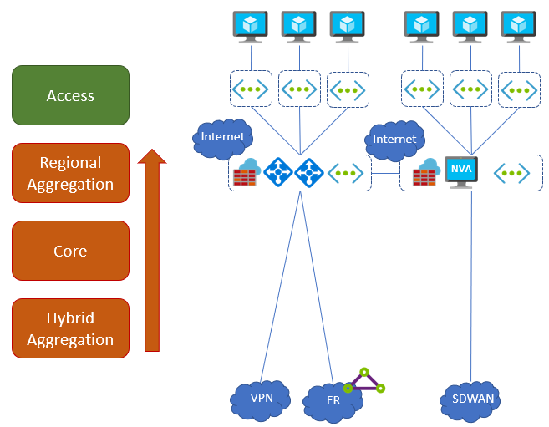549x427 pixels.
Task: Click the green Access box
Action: pos(70,96)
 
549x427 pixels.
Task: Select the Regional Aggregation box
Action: pos(70,173)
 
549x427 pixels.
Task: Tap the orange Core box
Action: pos(70,251)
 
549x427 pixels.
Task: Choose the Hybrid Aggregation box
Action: pos(70,328)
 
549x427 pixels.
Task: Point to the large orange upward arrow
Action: pos(151,251)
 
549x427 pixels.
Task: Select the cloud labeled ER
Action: pos(332,401)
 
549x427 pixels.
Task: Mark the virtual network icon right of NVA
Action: pos(511,174)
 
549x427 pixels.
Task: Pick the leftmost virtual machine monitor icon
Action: pos(251,27)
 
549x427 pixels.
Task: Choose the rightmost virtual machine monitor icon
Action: pos(519,27)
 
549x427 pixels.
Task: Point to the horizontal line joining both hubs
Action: pos(385,174)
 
